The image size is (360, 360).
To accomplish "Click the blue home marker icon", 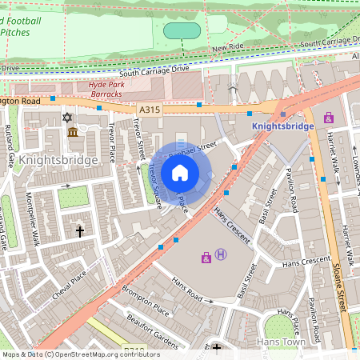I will (x=180, y=173).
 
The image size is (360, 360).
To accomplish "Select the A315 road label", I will (x=150, y=109).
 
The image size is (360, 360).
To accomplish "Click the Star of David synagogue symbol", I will (x=67, y=118).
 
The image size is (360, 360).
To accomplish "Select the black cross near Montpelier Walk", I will (x=79, y=231).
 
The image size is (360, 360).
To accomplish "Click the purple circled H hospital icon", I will (x=222, y=255).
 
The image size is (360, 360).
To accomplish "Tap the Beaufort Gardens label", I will (x=151, y=331).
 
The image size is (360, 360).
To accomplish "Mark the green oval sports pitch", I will (x=182, y=30).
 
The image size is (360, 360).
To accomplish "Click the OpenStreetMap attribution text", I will (x=80, y=354).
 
